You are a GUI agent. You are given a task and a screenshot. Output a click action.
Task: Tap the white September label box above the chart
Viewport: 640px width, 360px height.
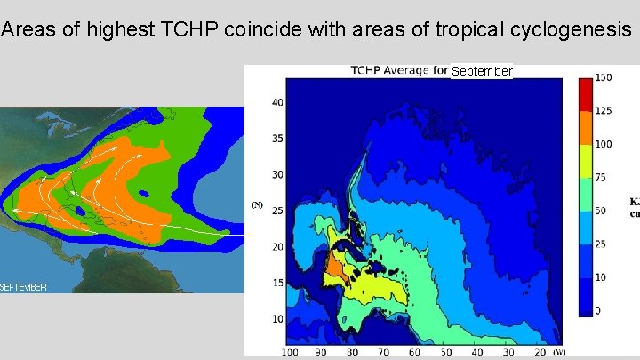point(482,71)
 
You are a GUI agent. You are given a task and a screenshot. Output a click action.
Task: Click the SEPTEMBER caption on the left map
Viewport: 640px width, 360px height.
point(24,286)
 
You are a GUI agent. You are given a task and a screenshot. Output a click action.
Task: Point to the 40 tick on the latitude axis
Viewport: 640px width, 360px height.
point(278,102)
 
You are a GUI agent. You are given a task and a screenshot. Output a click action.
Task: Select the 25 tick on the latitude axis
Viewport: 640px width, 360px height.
point(278,211)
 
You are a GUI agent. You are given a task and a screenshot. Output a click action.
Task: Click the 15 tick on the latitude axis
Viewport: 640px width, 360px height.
point(278,283)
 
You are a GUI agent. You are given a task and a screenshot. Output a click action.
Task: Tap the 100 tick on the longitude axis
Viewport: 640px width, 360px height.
point(290,353)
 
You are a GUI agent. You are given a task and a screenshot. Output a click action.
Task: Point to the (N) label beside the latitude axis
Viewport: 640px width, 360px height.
point(257,205)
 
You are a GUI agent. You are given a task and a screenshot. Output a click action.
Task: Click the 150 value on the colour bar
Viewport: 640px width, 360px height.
point(604,78)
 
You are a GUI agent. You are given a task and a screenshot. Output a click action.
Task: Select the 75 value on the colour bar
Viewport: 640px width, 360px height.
point(602,177)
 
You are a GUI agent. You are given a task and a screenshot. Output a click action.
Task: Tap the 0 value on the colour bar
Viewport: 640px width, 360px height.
point(598,310)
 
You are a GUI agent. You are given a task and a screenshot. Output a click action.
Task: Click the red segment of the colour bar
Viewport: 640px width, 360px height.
point(585,94)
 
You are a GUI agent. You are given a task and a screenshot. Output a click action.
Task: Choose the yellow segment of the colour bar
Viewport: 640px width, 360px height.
point(585,161)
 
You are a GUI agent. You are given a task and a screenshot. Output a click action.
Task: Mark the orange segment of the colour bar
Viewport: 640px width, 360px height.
point(585,127)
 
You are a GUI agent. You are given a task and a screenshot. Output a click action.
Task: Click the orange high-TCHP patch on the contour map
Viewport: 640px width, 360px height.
point(336,265)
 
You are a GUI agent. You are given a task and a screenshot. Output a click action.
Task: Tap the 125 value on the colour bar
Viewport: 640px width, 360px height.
point(604,111)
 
